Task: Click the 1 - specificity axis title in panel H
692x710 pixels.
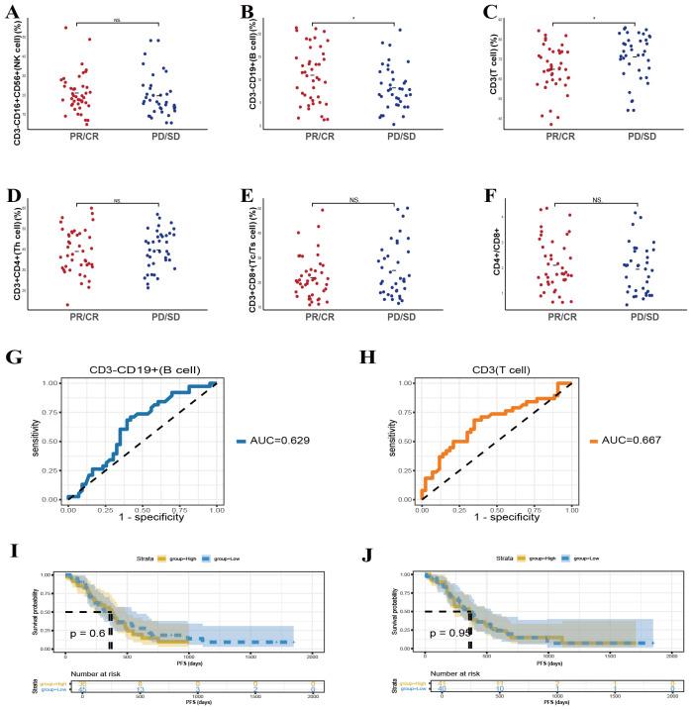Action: click(x=492, y=522)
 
